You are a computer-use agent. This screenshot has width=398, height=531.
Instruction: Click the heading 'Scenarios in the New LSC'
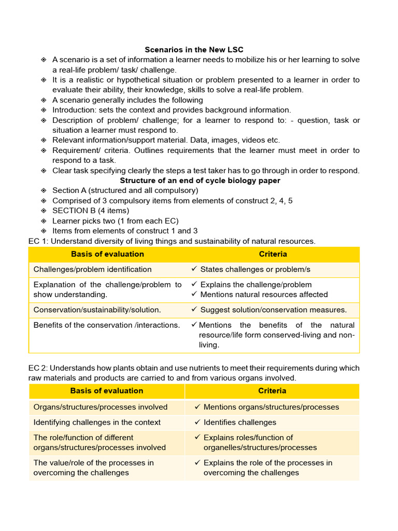[x=194, y=50]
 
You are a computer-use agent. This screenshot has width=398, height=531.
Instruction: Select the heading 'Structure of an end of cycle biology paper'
[x=200, y=180]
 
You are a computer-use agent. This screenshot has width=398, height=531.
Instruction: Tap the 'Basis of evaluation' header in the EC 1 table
[x=107, y=254]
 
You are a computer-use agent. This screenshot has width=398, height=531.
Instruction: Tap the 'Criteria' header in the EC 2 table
[x=272, y=390]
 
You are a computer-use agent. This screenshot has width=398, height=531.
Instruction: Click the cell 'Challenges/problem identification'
[x=92, y=270]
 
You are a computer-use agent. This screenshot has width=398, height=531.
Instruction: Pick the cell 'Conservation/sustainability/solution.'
[x=97, y=310]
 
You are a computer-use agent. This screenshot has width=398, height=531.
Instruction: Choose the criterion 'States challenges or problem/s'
[x=255, y=270]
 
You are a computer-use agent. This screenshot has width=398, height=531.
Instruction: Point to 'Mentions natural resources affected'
[x=264, y=295]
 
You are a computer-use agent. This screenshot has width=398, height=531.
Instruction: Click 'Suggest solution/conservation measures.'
[x=273, y=310]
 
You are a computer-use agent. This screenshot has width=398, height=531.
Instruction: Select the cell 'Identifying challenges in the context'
[x=97, y=422]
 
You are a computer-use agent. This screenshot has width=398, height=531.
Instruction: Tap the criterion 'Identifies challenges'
[x=239, y=422]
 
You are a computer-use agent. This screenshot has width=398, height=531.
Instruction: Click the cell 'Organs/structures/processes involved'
[x=100, y=407]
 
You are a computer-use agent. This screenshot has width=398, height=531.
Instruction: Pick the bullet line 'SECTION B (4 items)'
[x=91, y=211]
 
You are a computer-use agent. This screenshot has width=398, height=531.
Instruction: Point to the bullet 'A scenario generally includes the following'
[x=127, y=100]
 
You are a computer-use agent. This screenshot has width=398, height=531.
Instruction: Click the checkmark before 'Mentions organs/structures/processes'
[x=197, y=407]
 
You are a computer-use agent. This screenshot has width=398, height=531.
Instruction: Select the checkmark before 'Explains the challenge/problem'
[x=194, y=285]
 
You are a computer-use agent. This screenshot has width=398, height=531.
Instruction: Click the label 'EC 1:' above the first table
[x=38, y=241]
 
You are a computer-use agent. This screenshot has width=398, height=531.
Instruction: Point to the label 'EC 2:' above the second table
[x=38, y=368]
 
